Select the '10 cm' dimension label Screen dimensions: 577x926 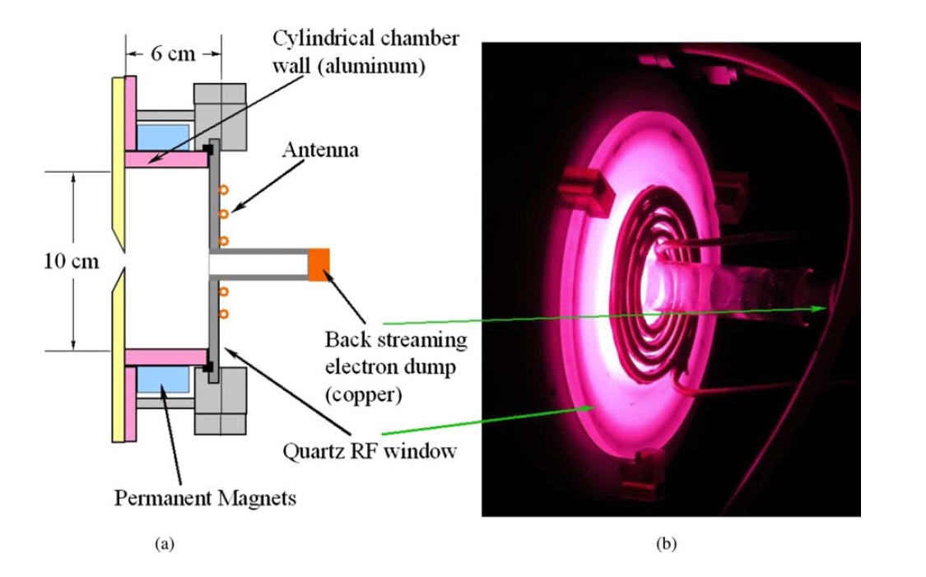pos(71,263)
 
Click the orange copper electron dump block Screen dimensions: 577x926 pos(319,263)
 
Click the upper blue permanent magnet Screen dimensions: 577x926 pos(164,135)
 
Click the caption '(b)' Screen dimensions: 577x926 pos(665,543)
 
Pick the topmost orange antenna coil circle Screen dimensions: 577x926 pos(222,192)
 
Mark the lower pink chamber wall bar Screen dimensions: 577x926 pos(165,357)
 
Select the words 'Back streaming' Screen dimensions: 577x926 pos(395,340)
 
